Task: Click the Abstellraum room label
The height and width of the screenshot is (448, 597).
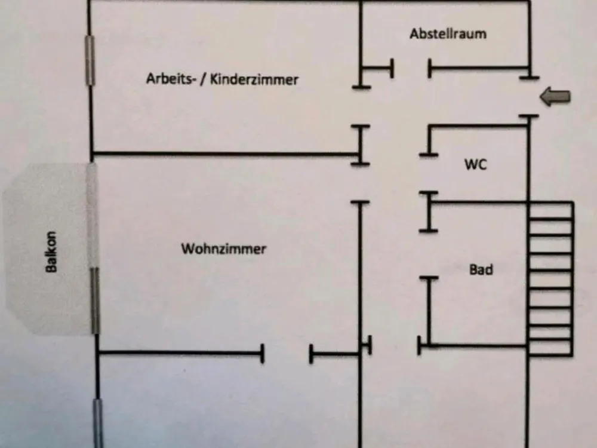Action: click(448, 34)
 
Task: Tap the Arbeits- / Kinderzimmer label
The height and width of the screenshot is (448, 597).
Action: click(222, 79)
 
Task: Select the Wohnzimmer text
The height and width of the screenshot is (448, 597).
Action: click(223, 248)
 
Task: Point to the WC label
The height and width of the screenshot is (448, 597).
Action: click(476, 165)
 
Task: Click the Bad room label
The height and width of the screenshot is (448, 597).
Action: click(481, 269)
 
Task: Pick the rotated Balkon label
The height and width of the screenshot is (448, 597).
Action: click(51, 252)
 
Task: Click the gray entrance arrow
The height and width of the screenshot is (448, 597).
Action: click(555, 97)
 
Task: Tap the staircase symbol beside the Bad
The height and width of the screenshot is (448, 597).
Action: click(550, 279)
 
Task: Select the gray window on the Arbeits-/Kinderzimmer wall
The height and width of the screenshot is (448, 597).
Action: click(90, 60)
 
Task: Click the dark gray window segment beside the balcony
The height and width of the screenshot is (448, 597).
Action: click(95, 300)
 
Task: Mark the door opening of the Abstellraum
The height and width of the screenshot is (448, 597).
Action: click(411, 69)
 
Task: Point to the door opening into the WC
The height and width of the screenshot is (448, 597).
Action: click(429, 174)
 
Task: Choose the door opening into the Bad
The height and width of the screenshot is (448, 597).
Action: click(429, 254)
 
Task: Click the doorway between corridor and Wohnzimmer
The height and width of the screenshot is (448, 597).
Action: click(360, 183)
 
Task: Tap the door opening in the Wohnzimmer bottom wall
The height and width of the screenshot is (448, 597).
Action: click(287, 354)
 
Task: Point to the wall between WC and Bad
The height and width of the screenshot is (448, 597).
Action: click(479, 201)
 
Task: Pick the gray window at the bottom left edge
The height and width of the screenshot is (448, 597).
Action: click(99, 423)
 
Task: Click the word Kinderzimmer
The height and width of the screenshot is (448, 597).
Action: click(254, 79)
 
